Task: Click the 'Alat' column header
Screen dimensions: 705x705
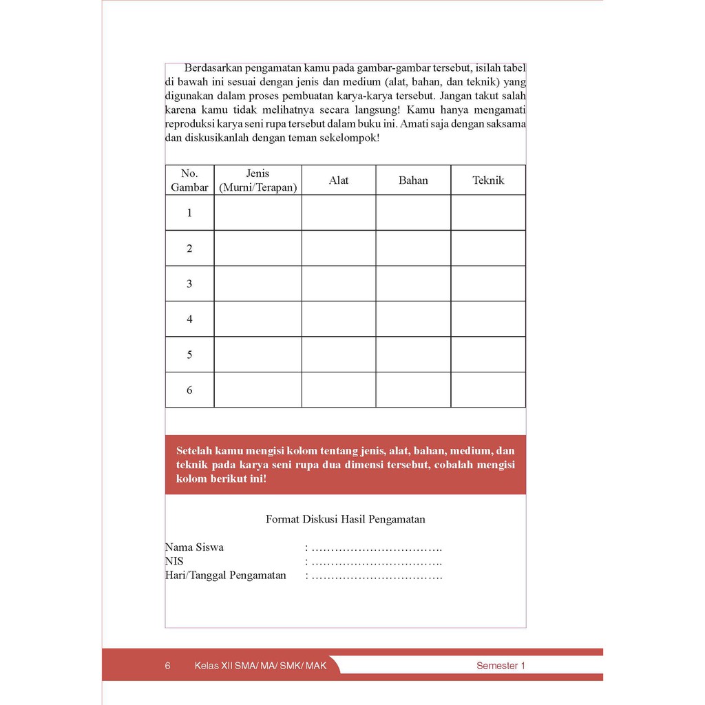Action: (x=339, y=180)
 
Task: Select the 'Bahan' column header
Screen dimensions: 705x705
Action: (x=413, y=180)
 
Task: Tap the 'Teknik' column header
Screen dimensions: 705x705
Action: (x=488, y=180)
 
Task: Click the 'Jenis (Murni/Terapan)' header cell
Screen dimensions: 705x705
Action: (x=257, y=180)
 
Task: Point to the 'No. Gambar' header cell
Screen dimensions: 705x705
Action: (x=189, y=180)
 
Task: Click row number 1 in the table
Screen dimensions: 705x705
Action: (x=189, y=213)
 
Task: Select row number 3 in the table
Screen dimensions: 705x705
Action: (x=189, y=284)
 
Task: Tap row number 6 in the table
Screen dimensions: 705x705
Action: (x=189, y=390)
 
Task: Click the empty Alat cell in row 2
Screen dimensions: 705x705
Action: (x=339, y=248)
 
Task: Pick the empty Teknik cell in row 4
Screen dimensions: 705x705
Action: (x=488, y=319)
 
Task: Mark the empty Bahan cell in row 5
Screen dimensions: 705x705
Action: (x=413, y=355)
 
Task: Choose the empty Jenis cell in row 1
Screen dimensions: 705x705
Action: (x=257, y=213)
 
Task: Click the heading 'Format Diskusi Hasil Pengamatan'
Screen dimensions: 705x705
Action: (x=345, y=519)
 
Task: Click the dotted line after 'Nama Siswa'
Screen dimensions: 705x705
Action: (x=376, y=548)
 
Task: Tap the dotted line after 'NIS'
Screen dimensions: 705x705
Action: (x=376, y=562)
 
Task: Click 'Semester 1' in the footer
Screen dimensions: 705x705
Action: (x=501, y=666)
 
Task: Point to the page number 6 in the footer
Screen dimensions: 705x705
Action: (x=168, y=666)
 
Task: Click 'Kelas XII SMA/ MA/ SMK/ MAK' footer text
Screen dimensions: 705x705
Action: (x=260, y=666)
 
